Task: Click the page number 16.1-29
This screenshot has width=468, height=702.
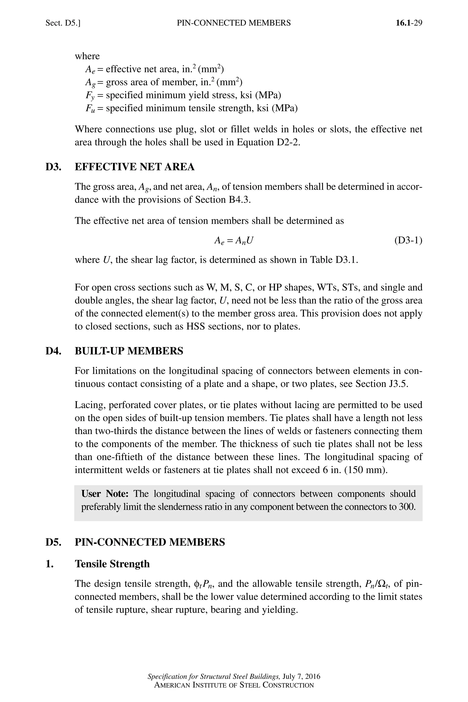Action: tap(409, 23)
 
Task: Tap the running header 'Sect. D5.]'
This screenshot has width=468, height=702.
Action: tap(63, 23)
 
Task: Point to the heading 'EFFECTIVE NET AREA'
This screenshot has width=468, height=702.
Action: tap(134, 167)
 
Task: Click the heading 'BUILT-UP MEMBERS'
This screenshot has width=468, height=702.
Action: tap(129, 351)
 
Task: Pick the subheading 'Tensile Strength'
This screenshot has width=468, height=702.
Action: tap(112, 564)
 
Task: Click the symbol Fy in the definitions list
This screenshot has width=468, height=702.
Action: tap(90, 96)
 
